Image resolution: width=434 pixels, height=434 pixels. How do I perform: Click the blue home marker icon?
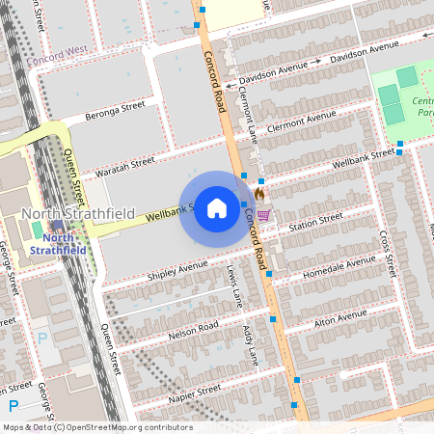217,207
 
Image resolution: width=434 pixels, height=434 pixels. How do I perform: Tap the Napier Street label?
195,393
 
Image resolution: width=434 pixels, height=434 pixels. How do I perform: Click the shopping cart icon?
263,214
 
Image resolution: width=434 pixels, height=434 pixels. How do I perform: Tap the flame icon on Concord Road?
259,194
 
